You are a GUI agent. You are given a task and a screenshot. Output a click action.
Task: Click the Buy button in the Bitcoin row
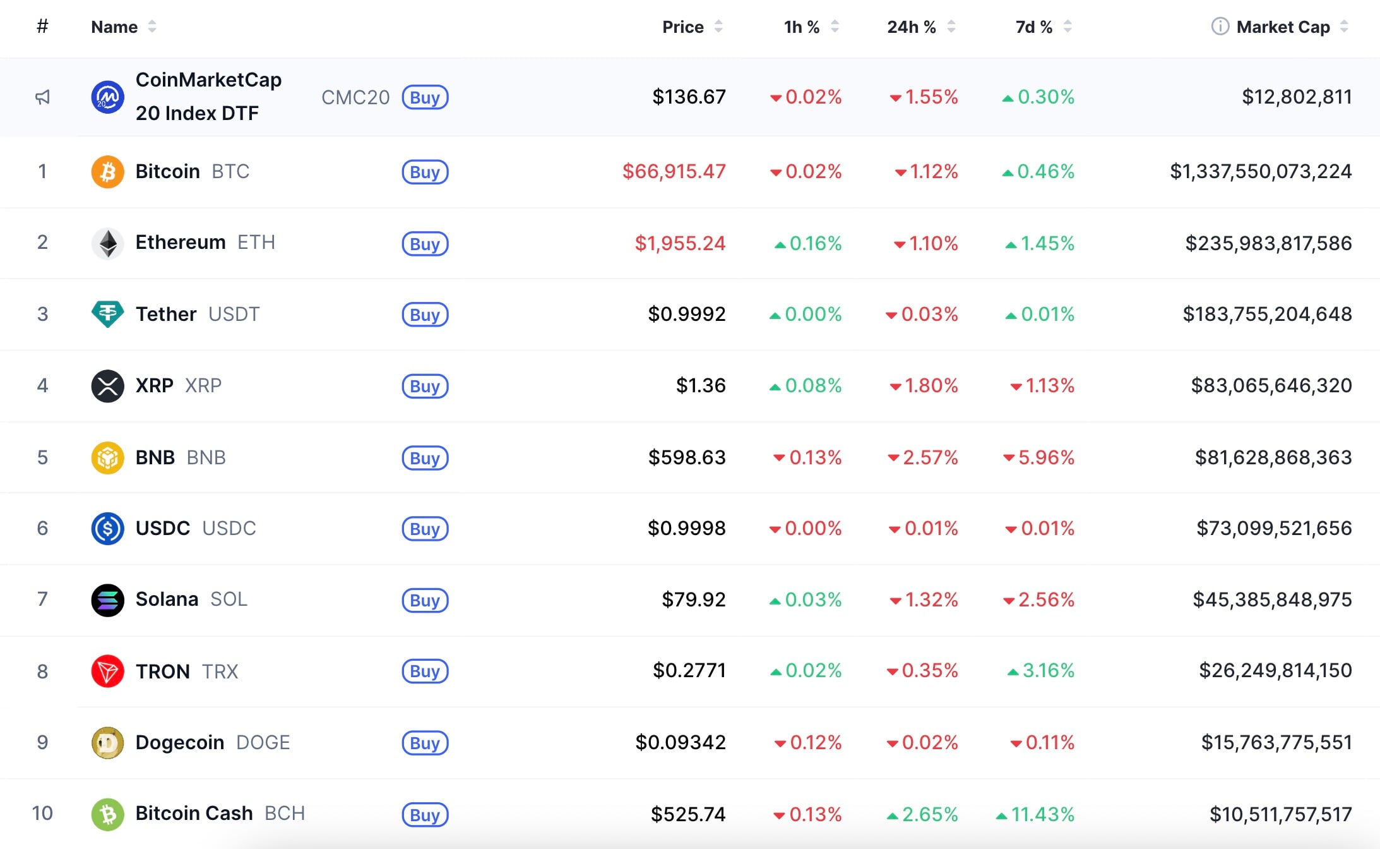(x=425, y=172)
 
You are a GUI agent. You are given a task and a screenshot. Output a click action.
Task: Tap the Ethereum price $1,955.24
(x=680, y=243)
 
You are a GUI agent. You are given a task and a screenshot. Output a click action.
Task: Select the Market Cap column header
(x=1283, y=27)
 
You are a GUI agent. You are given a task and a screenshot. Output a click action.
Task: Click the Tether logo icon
(x=107, y=314)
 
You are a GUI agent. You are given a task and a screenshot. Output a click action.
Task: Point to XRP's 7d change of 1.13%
(x=1043, y=385)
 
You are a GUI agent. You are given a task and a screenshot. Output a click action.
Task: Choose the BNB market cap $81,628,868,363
(x=1273, y=457)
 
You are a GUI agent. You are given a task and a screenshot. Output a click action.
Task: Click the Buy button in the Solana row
(x=425, y=600)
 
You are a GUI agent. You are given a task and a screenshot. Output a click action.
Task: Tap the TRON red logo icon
(x=107, y=671)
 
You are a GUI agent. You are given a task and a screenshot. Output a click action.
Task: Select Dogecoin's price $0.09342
(x=680, y=742)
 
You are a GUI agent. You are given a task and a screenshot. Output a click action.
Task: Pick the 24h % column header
(x=911, y=27)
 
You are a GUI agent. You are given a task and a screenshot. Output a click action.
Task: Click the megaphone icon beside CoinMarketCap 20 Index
(x=42, y=97)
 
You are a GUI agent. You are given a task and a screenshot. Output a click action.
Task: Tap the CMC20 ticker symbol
(x=355, y=97)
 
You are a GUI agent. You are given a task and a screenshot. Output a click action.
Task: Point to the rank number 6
(x=42, y=528)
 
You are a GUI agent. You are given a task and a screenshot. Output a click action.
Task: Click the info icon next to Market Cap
(x=1220, y=27)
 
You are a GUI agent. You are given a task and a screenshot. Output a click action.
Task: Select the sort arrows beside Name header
(x=152, y=27)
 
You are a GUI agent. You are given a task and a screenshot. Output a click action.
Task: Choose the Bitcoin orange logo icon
(x=107, y=172)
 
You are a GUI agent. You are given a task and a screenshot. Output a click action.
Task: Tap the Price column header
(x=682, y=27)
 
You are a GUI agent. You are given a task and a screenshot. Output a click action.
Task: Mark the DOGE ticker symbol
(x=263, y=742)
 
